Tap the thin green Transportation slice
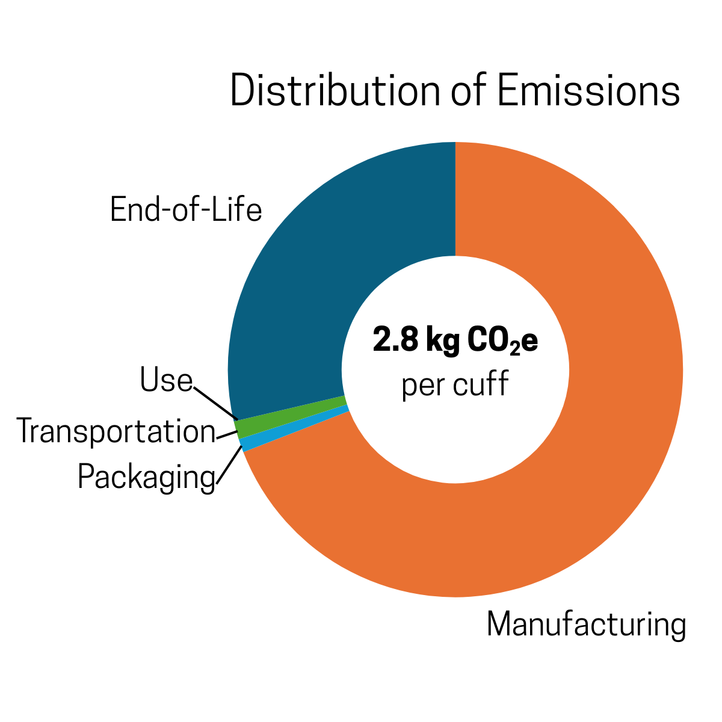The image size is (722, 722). tap(289, 414)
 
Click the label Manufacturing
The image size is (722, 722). tap(586, 625)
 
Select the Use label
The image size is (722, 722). tap(166, 381)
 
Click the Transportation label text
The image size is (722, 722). tap(116, 431)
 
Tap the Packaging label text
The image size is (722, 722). tap(146, 478)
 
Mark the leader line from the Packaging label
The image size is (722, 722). tap(230, 466)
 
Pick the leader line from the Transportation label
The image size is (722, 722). tap(226, 436)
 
